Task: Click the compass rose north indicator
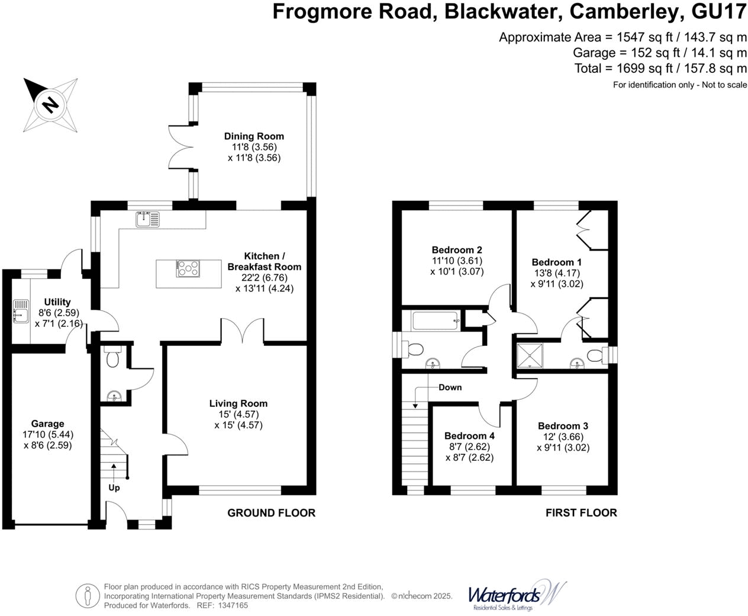pos(50,105)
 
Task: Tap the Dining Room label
pos(254,136)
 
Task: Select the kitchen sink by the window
pos(147,220)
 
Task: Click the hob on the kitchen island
pos(188,269)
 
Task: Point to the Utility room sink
pos(21,312)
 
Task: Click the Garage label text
pos(47,423)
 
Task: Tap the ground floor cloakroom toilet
pos(112,357)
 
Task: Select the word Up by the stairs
pos(114,487)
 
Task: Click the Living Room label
pos(238,403)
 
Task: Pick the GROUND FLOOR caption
pos(271,512)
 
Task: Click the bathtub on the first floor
pos(435,321)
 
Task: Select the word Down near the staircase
pos(450,387)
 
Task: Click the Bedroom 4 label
pos(469,435)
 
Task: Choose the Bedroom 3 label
pos(563,425)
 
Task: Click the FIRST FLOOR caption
pos(581,512)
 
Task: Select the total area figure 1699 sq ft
pos(643,68)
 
